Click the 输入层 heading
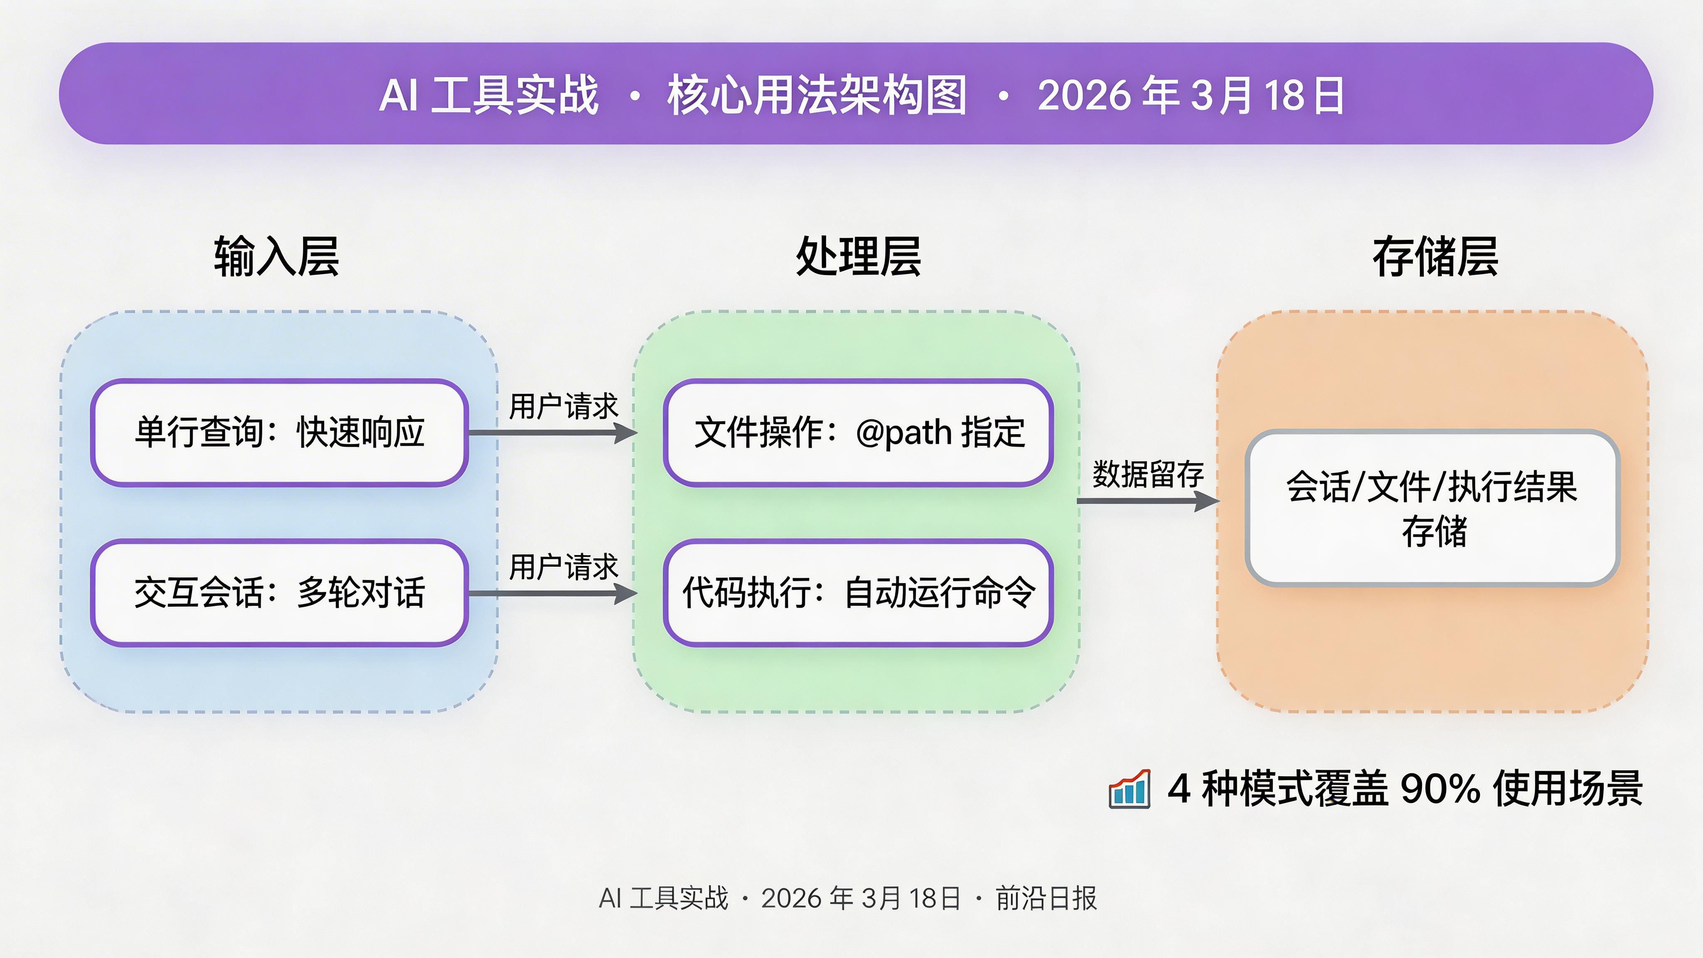pyautogui.click(x=276, y=257)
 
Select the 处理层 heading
pyautogui.click(x=858, y=257)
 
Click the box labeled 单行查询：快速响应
pyautogui.click(x=279, y=433)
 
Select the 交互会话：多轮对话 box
pyautogui.click(x=279, y=593)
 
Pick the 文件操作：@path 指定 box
pyautogui.click(x=858, y=433)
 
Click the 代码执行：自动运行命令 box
pyautogui.click(x=858, y=593)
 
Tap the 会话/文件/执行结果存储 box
pyautogui.click(x=1432, y=508)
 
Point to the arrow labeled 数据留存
pyautogui.click(x=1148, y=501)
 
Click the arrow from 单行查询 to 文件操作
pyautogui.click(x=553, y=433)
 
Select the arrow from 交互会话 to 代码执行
pyautogui.click(x=553, y=593)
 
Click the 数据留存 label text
pyautogui.click(x=1148, y=474)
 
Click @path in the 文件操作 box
pyautogui.click(x=903, y=433)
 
